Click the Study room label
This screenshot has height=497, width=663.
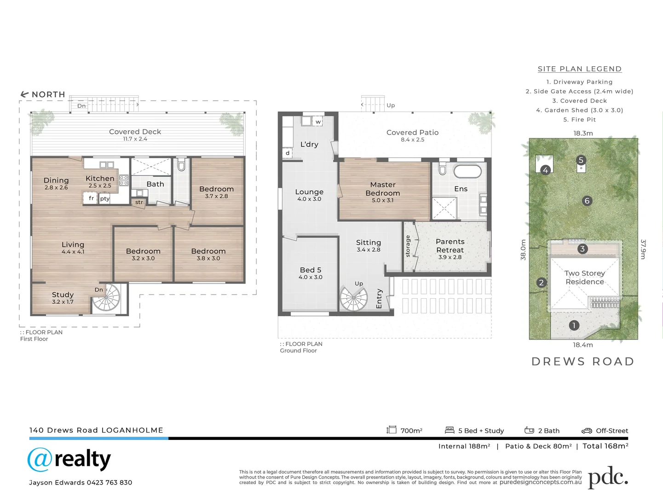63,295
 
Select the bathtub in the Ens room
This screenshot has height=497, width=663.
467,171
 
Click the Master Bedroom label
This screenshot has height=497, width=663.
383,189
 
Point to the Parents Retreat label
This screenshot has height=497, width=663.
450,246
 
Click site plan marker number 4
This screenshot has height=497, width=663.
545,170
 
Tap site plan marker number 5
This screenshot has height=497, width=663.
581,160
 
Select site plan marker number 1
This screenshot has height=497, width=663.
574,325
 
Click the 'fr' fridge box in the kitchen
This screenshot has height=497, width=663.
91,198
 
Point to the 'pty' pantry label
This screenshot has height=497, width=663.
105,199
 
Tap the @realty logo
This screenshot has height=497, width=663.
69,460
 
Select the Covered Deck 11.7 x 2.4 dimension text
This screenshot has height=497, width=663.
135,139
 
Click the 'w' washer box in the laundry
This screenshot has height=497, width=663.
318,122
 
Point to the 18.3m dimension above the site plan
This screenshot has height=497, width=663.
583,133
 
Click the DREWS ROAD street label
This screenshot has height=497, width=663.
583,362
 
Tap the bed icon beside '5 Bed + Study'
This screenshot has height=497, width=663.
450,430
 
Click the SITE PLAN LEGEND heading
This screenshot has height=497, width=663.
579,69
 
